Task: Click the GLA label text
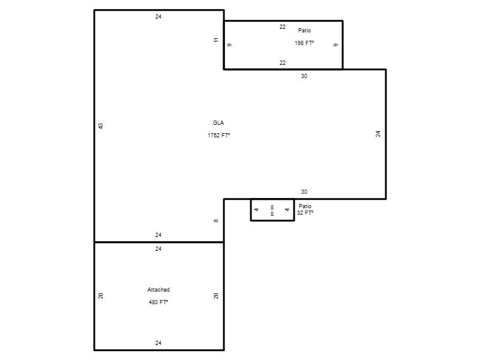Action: coord(218,123)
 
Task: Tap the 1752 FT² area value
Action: coord(218,136)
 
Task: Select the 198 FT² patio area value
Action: coord(304,43)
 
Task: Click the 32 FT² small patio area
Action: coord(305,213)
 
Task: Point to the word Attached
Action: coord(158,290)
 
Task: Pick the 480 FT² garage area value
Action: coord(158,302)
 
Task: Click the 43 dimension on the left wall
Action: coord(101,126)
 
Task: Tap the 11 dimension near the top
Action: coord(216,40)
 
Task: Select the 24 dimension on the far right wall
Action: coord(379,134)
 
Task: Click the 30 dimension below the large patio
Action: coord(304,76)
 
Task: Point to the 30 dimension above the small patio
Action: coord(304,191)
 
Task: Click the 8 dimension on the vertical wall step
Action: coord(216,220)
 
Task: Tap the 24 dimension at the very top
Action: coord(158,17)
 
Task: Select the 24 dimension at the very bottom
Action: coord(158,343)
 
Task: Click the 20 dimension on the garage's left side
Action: coord(101,296)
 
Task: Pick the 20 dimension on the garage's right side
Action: coord(216,296)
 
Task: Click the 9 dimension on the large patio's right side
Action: coord(336,45)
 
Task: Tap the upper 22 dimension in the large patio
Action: coord(283,27)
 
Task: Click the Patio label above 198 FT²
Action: coord(304,31)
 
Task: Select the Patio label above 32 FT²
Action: coord(305,206)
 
